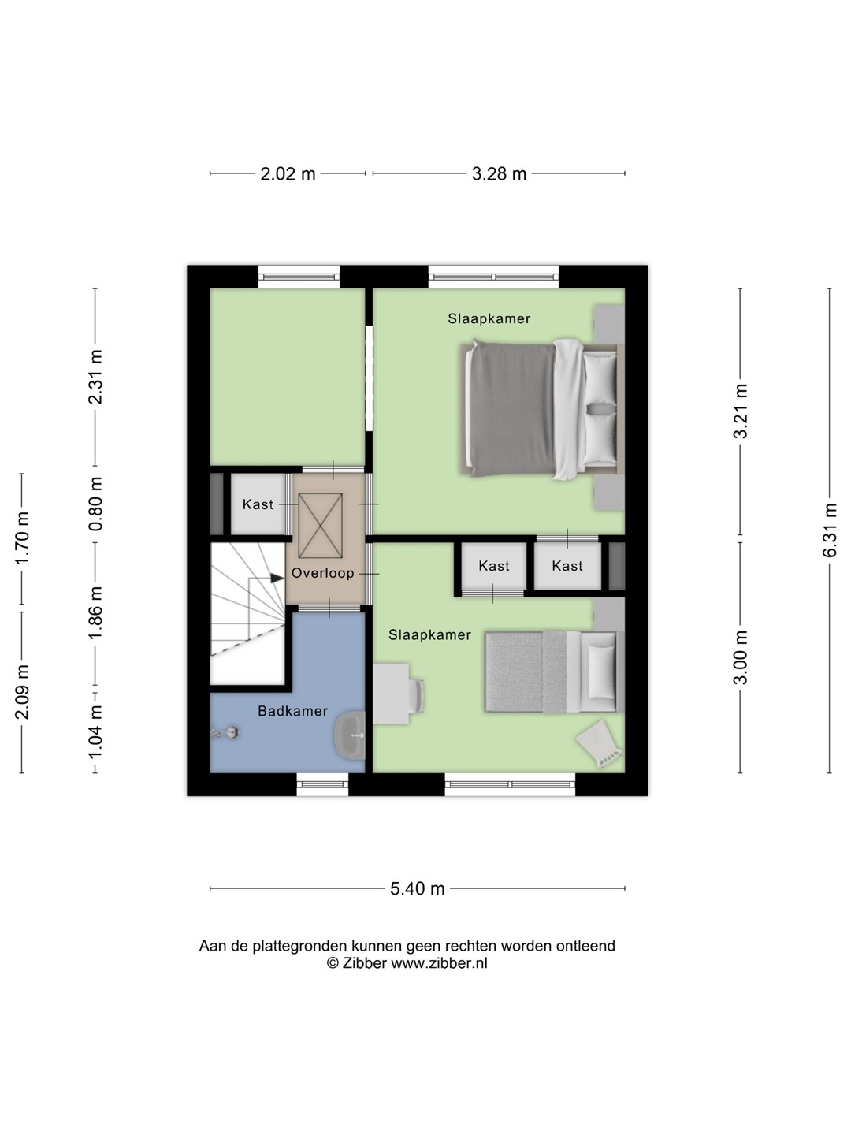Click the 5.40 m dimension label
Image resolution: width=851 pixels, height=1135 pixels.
point(417,888)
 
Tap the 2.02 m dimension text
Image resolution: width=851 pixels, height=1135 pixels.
point(288,173)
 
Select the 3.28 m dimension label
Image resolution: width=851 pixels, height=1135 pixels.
point(499,173)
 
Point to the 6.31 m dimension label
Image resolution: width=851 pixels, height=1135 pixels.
point(829,530)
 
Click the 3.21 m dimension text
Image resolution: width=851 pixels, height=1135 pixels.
point(741,411)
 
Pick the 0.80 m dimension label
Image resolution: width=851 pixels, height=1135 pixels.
point(95,504)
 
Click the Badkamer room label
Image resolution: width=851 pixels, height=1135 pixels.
point(293,711)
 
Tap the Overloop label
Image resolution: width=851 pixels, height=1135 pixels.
point(323,573)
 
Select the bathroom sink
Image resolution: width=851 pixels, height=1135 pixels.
point(350,735)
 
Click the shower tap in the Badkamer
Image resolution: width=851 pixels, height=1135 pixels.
point(225,731)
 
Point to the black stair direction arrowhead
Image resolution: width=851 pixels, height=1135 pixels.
point(277,578)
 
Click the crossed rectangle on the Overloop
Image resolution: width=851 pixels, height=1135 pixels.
point(321,526)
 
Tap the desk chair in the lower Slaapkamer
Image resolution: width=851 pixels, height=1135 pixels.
point(417,695)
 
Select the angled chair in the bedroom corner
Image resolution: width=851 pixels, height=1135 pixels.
point(600,743)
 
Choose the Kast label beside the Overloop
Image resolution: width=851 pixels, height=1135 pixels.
point(258,504)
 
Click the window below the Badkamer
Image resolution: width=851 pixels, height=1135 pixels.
point(322,784)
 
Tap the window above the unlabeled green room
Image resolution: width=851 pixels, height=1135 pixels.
point(299,277)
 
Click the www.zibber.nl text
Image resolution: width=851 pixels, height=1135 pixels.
point(439,963)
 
